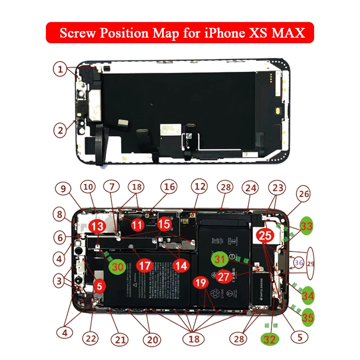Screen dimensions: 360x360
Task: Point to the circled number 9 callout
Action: click(x=63, y=189)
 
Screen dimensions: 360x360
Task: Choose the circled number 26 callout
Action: click(x=305, y=195)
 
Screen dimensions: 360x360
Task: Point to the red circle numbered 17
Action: click(x=144, y=266)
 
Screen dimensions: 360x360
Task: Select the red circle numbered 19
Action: click(x=201, y=283)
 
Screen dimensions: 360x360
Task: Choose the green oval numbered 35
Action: click(x=308, y=317)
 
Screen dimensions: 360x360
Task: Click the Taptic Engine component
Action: click(x=261, y=288)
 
